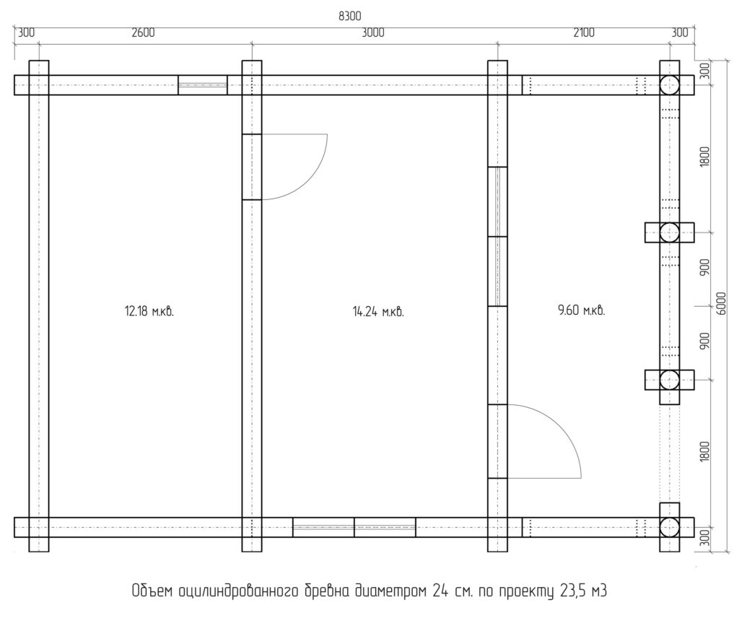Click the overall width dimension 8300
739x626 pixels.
coord(350,16)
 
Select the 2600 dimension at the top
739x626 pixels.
coord(143,32)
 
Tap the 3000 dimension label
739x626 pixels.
coord(373,32)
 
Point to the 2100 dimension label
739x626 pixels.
coord(583,32)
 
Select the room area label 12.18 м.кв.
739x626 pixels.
coord(149,311)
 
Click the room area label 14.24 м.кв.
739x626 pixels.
coord(378,312)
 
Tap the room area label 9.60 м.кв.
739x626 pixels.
coord(581,310)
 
